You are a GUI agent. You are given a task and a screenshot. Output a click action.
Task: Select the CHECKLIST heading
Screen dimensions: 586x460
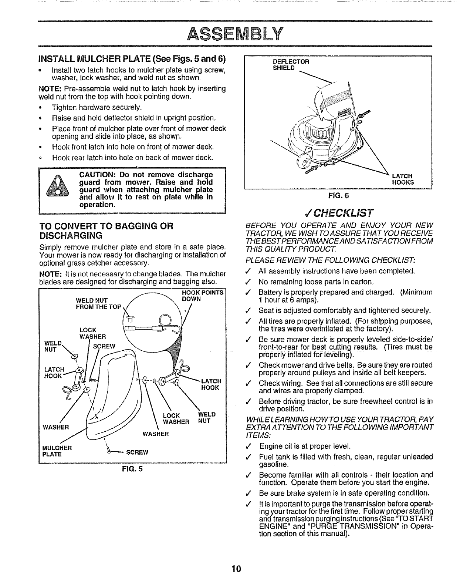click(x=338, y=213)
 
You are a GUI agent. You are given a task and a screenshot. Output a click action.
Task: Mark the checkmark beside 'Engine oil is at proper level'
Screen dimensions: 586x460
click(x=251, y=446)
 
